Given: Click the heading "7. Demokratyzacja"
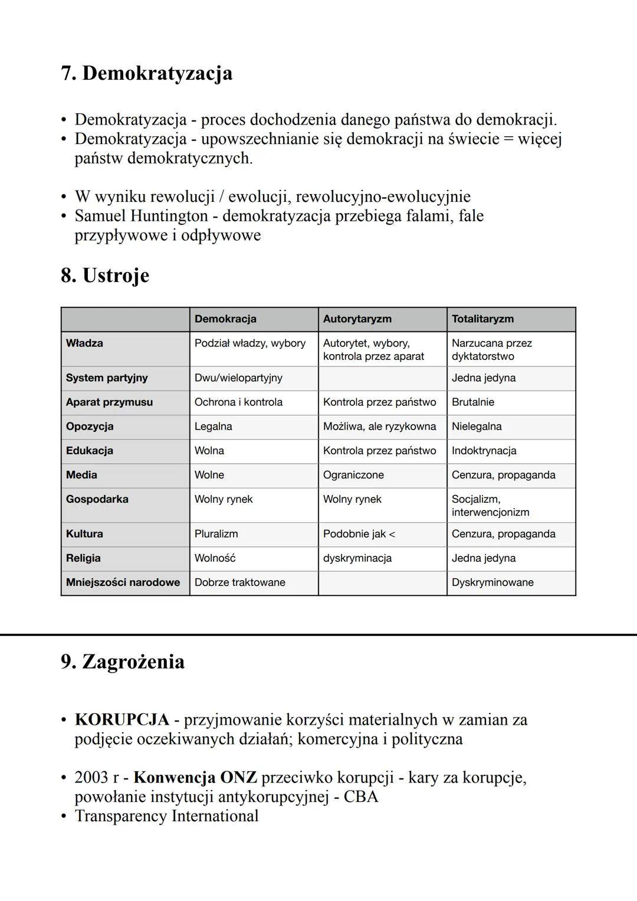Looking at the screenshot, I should click(146, 73).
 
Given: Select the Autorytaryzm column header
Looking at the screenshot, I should click(357, 319).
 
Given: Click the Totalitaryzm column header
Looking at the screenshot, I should click(482, 319).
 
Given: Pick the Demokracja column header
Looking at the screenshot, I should click(225, 319).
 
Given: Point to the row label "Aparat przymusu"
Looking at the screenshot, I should click(109, 402).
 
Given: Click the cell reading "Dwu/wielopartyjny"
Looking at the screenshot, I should click(238, 378).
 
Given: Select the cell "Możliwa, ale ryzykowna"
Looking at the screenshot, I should click(379, 426).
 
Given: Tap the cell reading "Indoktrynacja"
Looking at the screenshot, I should click(484, 450).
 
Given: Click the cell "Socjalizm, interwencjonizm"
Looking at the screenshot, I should click(490, 505).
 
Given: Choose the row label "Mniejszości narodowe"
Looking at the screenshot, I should click(123, 582).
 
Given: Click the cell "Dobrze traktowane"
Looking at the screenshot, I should click(239, 582).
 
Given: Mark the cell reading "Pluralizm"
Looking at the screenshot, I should click(216, 533).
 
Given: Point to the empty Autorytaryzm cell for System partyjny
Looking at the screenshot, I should click(382, 378).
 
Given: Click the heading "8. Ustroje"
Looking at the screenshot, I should click(105, 276).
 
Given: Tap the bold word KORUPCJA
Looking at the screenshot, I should click(122, 720).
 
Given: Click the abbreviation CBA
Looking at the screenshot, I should click(360, 797).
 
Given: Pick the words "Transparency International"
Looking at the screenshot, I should click(166, 816).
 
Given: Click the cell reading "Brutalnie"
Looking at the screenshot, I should click(472, 402).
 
